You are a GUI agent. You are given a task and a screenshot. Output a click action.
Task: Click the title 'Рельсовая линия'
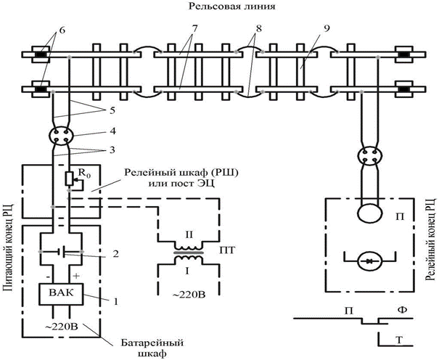coord(231,7)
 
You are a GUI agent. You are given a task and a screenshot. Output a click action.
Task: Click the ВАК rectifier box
coord(61,294)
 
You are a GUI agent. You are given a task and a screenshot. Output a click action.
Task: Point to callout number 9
coord(327,28)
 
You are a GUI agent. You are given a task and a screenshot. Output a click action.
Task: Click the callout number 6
coord(62,30)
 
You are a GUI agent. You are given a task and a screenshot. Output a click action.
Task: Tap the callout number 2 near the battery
coord(115,254)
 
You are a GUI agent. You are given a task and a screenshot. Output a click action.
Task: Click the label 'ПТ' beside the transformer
coord(227,250)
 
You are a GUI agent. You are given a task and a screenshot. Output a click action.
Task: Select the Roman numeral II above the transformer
coord(189,234)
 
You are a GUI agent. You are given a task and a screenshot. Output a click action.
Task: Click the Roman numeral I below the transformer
coord(187,271)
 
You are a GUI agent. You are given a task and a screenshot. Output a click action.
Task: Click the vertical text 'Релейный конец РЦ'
coord(430,240)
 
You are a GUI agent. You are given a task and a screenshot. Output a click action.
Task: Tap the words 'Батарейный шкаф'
coord(152,348)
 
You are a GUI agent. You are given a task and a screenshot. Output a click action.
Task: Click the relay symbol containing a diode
coord(370,261)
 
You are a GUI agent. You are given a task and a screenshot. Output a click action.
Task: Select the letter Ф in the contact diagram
coord(402,310)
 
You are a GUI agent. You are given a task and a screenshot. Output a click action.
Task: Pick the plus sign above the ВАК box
coord(76,276)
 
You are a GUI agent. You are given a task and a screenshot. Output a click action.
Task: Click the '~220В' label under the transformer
coord(188,295)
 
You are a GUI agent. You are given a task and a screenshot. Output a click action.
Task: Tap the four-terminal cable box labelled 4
coord(61,136)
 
